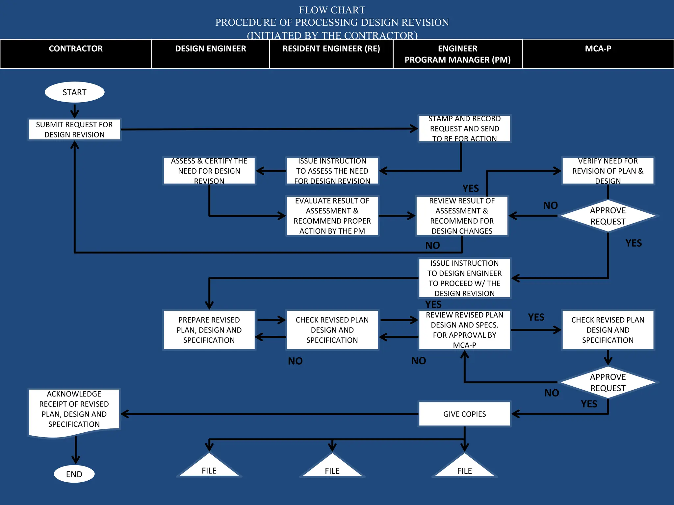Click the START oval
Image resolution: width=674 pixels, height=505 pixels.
click(74, 92)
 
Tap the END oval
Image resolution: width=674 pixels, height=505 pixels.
click(74, 474)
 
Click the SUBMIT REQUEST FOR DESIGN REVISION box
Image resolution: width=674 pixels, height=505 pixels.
click(74, 130)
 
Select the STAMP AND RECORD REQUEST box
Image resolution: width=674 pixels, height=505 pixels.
click(464, 129)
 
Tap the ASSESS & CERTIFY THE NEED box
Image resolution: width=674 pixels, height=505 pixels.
click(209, 171)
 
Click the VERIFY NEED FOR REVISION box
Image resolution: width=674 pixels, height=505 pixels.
click(608, 171)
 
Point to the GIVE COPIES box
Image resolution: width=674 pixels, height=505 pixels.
click(464, 414)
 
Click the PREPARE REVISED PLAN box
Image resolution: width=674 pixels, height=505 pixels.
click(209, 330)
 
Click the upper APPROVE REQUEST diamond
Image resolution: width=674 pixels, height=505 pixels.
click(608, 216)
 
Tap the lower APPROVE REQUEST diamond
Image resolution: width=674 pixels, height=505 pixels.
click(608, 382)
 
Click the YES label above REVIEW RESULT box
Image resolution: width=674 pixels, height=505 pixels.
click(470, 188)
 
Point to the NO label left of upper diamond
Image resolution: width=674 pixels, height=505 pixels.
click(550, 205)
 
